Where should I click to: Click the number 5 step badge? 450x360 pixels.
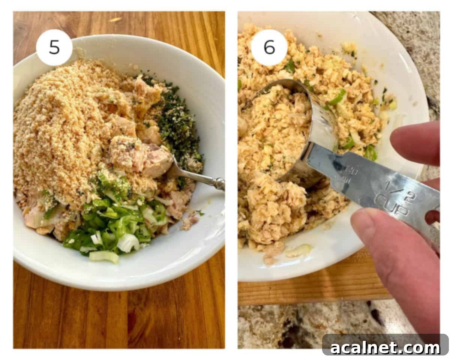coord(54,48)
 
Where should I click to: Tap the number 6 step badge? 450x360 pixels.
coord(269,48)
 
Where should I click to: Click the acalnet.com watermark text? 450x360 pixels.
coord(385,348)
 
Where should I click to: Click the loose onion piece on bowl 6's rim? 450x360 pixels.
coord(298,250)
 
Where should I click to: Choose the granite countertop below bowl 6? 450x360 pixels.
coord(285,326)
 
